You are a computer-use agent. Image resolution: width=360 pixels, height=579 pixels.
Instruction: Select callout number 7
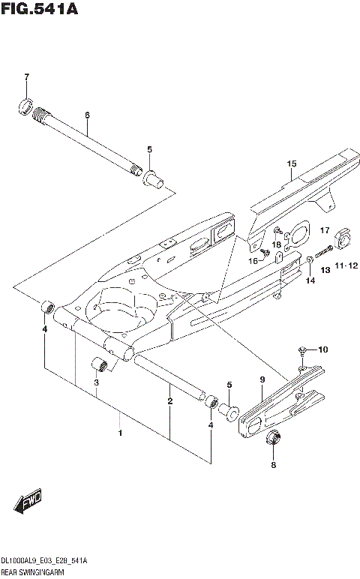[x=25, y=77]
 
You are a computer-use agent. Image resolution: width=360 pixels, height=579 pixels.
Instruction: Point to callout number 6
[x=87, y=115]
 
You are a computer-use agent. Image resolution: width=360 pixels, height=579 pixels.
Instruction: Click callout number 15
[x=291, y=163]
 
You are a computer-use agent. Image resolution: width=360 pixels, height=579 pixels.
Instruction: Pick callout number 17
[x=325, y=229]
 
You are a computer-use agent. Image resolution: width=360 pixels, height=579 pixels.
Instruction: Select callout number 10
[x=322, y=350]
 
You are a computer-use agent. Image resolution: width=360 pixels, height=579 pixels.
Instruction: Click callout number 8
[x=273, y=465]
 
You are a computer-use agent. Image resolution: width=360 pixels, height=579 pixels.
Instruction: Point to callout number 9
[x=262, y=381]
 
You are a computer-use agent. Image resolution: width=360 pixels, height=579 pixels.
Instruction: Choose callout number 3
[x=96, y=384]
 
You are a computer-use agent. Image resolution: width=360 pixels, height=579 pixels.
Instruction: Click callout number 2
[x=170, y=401]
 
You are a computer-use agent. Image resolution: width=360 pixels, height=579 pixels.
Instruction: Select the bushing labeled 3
[x=100, y=366]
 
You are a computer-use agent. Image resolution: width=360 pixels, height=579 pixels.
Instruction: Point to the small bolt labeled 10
[x=301, y=349]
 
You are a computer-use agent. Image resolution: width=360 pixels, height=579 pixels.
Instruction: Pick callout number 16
[x=253, y=260]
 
